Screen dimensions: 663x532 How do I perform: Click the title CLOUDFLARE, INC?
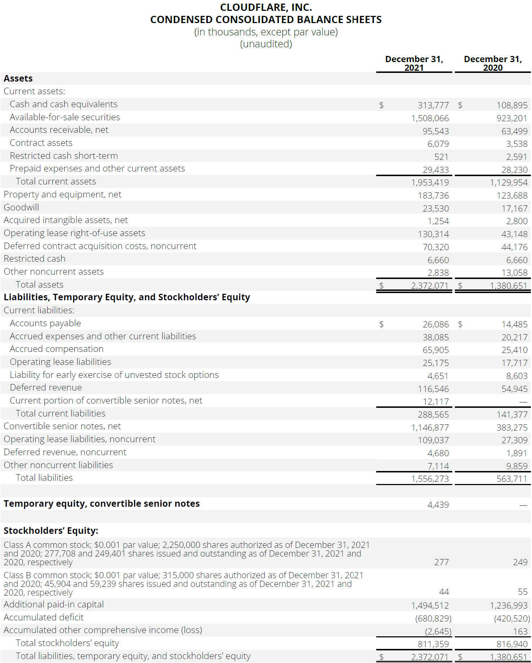[x=266, y=7]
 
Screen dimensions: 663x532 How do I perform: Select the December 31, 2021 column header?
[x=414, y=63]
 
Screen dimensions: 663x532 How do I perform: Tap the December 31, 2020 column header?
[x=493, y=63]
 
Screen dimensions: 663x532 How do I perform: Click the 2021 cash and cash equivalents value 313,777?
[x=433, y=105]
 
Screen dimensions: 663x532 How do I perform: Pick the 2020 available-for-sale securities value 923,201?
[x=511, y=118]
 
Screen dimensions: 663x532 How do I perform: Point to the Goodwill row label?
[x=21, y=208]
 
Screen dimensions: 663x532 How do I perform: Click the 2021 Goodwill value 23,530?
[x=436, y=209]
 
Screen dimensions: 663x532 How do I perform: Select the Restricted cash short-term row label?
[x=64, y=156]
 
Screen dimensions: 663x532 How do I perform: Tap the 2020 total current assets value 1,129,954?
[x=508, y=183]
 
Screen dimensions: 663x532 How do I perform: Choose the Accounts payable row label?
[x=45, y=323]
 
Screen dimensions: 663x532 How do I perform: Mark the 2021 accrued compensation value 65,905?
[x=436, y=350]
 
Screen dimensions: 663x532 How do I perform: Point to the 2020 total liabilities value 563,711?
[x=511, y=479]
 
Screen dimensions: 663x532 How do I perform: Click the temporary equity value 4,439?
[x=438, y=505]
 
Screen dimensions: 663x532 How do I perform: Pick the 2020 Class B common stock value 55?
[x=523, y=592]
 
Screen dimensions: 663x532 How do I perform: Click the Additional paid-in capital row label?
[x=54, y=605]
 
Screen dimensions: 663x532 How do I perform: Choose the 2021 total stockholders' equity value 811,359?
[x=433, y=644]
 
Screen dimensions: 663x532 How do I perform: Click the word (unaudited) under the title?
[x=266, y=44]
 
